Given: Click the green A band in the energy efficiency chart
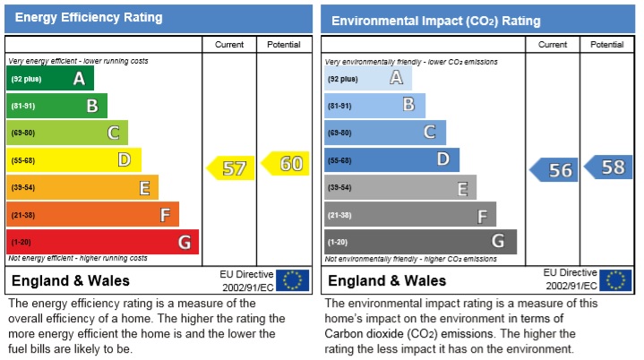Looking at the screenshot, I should pyautogui.click(x=50, y=79).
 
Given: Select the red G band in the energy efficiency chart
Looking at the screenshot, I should pyautogui.click(x=102, y=242).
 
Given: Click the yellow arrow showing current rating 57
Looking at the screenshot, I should pyautogui.click(x=231, y=167).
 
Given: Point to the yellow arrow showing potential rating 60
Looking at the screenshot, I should pyautogui.click(x=285, y=164).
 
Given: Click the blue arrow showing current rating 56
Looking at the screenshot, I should pyautogui.click(x=554, y=169).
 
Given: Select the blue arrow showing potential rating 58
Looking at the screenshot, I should pyautogui.click(x=608, y=167).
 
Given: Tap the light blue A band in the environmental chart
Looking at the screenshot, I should pyautogui.click(x=367, y=79).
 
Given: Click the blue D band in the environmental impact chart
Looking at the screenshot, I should pyautogui.click(x=391, y=160).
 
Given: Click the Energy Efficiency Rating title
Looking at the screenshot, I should pyautogui.click(x=89, y=18).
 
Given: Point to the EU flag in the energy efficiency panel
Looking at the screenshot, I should pyautogui.click(x=292, y=280).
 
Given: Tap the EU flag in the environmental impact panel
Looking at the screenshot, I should pyautogui.click(x=615, y=280).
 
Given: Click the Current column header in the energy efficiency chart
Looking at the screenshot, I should pyautogui.click(x=230, y=45).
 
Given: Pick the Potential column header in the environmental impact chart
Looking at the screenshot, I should pyautogui.click(x=607, y=45).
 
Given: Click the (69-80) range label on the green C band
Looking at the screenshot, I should pyautogui.click(x=22, y=133).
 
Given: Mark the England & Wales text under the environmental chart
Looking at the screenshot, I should pyautogui.click(x=381, y=281).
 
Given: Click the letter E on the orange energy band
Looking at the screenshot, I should pyautogui.click(x=143, y=188).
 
